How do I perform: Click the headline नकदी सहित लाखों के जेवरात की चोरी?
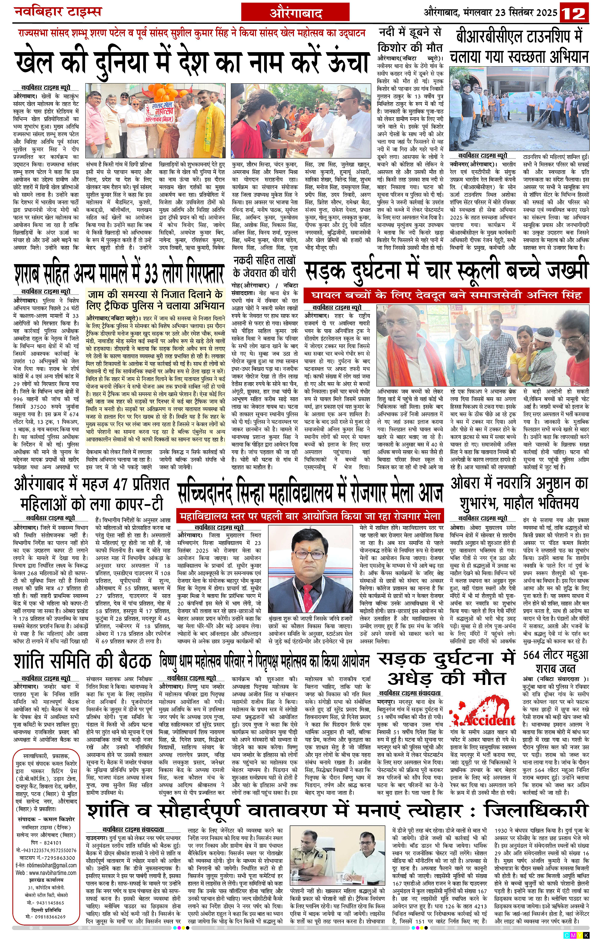[x=264, y=266]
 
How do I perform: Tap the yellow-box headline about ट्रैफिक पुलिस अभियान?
[x=156, y=299]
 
